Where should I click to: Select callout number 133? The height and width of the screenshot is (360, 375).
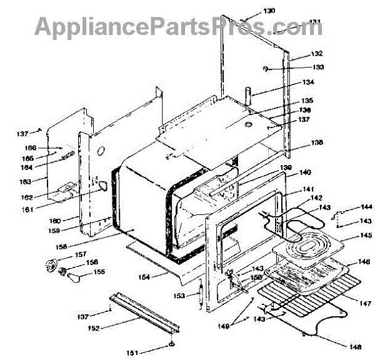tap(319, 67)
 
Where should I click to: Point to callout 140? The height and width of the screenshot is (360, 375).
tap(305, 172)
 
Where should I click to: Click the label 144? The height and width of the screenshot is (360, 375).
tap(366, 206)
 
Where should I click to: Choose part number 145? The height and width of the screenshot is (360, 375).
tap(365, 236)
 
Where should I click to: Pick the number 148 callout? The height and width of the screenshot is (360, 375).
tap(355, 346)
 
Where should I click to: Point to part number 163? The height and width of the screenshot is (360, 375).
tap(41, 181)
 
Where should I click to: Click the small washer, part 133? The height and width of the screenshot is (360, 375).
tap(267, 67)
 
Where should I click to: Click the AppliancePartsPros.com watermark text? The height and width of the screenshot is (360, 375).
tap(178, 26)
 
